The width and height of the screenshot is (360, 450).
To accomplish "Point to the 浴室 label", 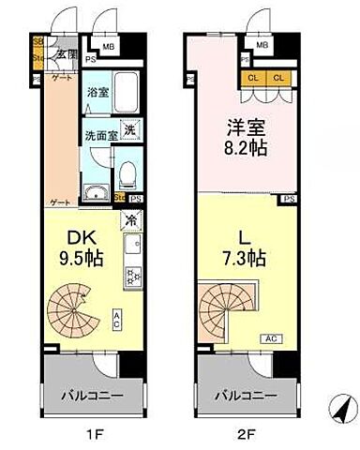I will point(97,92).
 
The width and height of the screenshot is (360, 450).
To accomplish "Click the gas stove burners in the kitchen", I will point(132,278).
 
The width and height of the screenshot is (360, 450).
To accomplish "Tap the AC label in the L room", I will point(269,338).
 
